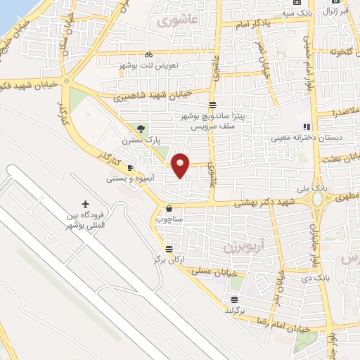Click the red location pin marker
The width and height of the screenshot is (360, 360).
point(181,165)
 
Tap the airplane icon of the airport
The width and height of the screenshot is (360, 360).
point(86,203)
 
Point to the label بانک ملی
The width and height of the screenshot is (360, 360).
point(319,189)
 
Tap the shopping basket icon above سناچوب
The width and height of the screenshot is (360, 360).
point(169,208)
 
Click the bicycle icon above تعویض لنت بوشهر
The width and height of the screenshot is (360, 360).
point(148,53)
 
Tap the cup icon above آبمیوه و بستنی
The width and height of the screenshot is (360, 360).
point(130,167)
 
